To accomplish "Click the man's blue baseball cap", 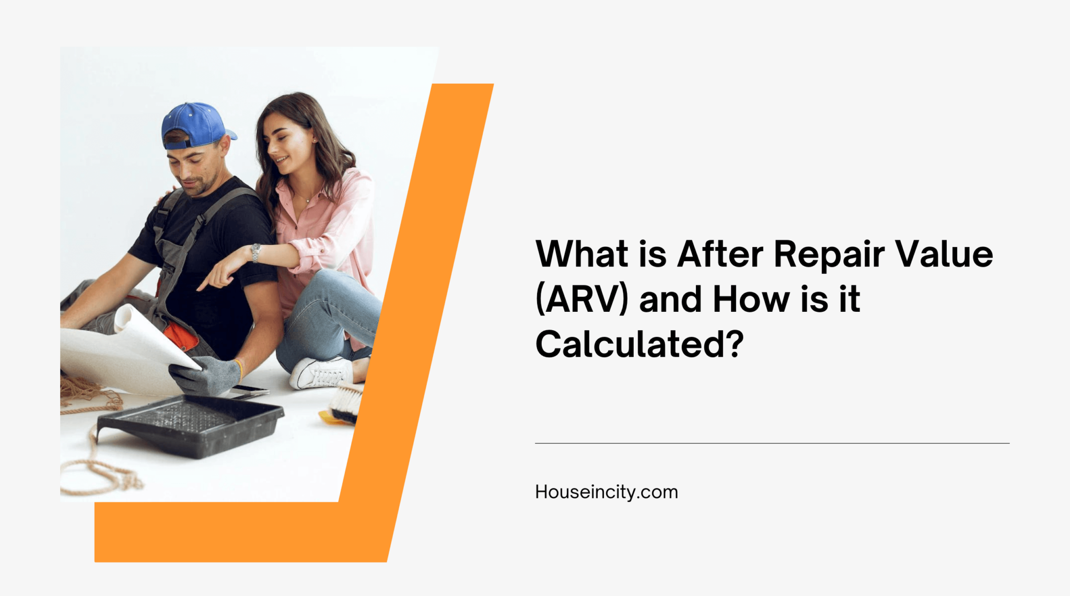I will pyautogui.click(x=194, y=124).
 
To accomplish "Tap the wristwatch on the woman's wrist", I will pyautogui.click(x=255, y=252).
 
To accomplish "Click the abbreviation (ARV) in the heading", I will pyautogui.click(x=581, y=300).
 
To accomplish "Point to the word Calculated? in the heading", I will pyautogui.click(x=639, y=345).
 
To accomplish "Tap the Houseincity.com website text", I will pyautogui.click(x=606, y=492).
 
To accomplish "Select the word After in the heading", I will pyautogui.click(x=720, y=254).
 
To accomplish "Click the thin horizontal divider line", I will pyautogui.click(x=772, y=443).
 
